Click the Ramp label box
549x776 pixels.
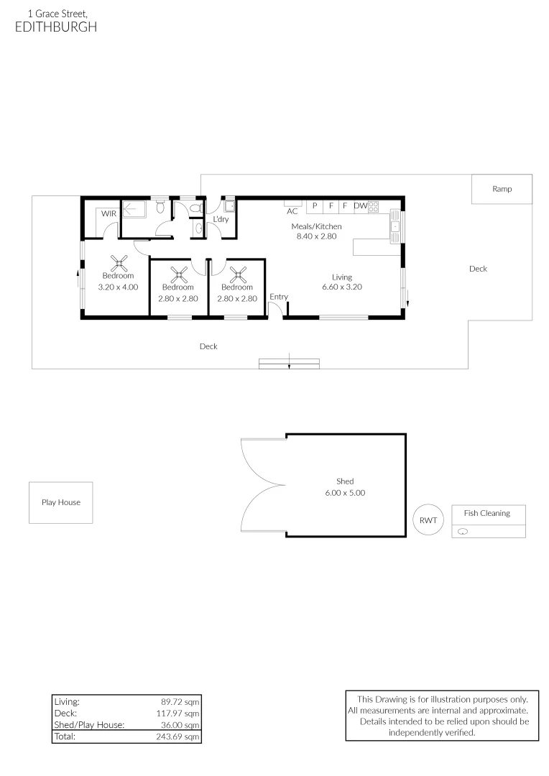tap(502, 189)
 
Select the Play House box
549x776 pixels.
tap(61, 502)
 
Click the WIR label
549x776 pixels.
tap(108, 214)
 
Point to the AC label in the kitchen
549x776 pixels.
tap(292, 211)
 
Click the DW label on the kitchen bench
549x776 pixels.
tap(360, 205)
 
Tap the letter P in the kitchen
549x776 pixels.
tap(315, 205)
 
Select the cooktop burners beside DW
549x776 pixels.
tap(374, 206)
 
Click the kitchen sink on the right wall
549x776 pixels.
tap(395, 228)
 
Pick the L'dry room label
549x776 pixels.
tap(221, 219)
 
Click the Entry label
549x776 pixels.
tap(279, 297)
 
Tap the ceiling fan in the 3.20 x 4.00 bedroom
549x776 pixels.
tap(118, 264)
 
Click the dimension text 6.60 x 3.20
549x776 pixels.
tap(342, 287)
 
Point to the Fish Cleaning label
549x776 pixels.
tap(486, 513)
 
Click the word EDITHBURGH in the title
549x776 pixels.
tap(55, 27)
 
